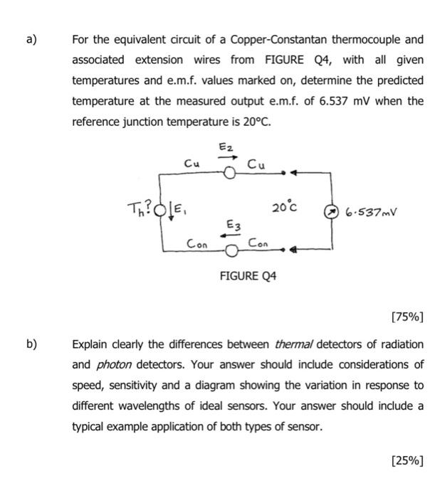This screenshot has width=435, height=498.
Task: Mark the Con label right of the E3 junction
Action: coord(258,243)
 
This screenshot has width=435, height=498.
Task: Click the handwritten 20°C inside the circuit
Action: coord(285,208)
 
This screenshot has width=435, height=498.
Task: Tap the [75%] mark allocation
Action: coord(407,316)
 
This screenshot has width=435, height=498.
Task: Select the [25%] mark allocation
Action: coord(407,459)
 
